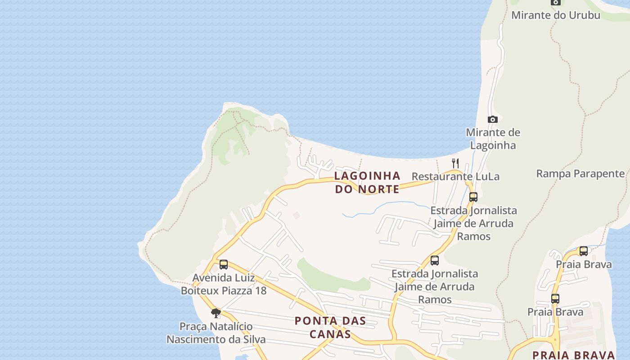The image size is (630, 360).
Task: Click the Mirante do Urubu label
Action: click(x=555, y=15)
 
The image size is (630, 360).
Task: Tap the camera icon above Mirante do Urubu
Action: click(x=556, y=2)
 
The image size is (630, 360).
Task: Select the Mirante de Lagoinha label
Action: click(x=493, y=139)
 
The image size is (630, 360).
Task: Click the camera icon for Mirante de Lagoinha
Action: click(x=493, y=119)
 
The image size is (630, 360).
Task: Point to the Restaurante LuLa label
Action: click(x=455, y=176)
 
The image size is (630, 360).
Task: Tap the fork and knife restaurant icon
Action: click(x=455, y=163)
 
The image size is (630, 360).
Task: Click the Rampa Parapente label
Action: click(x=580, y=174)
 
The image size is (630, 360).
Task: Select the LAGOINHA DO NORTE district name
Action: click(x=367, y=182)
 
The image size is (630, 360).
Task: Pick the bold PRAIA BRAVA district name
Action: click(x=573, y=355)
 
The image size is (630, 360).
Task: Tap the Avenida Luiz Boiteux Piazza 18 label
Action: click(x=224, y=284)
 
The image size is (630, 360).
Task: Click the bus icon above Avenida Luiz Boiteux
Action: click(x=224, y=265)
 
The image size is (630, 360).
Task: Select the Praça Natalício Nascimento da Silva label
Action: click(x=216, y=333)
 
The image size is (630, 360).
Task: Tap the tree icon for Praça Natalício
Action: click(x=216, y=313)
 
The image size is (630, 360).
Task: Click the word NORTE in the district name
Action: click(x=379, y=189)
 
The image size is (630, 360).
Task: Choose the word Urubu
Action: click(x=584, y=15)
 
